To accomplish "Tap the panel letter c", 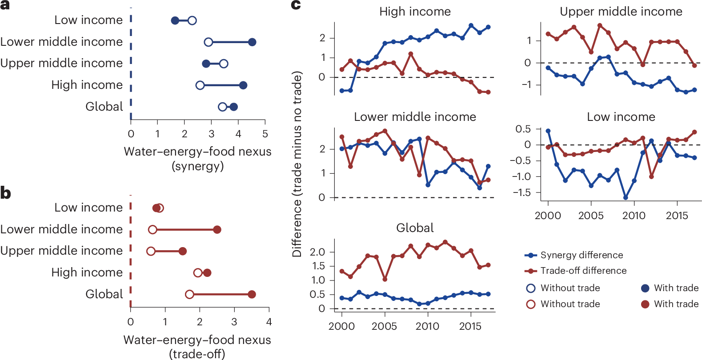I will [x=296, y=5].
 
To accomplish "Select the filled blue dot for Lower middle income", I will [x=252, y=42].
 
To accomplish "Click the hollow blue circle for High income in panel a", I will [x=200, y=85].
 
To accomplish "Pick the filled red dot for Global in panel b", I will [x=252, y=294].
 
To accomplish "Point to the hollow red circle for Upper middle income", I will [x=151, y=251].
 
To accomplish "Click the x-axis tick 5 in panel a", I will [x=265, y=134].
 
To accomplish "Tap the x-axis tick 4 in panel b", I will [x=269, y=322].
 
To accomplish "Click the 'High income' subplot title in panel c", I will [x=415, y=12].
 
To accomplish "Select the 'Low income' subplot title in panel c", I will [x=621, y=117].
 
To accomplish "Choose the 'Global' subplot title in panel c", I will [x=415, y=228].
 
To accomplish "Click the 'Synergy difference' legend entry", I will [x=582, y=255].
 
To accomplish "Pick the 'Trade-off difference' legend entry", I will [x=583, y=271].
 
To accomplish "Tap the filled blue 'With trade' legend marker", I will [x=645, y=288].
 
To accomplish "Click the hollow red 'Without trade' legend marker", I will [x=531, y=304].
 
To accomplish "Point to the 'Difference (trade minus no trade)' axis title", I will [x=297, y=164].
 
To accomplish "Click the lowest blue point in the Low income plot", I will [x=626, y=197].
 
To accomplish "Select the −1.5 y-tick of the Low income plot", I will [x=521, y=192].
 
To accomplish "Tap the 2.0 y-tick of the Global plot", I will [x=317, y=252].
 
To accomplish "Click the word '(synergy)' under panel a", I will [x=197, y=166].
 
